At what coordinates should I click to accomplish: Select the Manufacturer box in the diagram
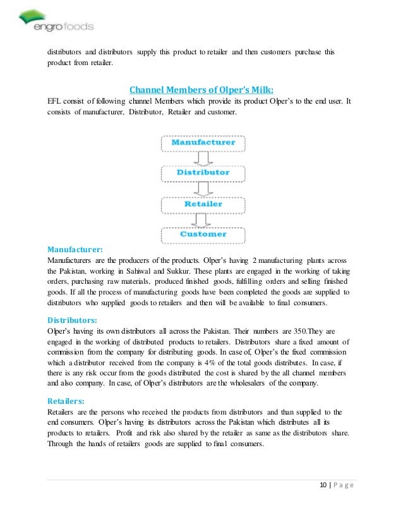point(202,142)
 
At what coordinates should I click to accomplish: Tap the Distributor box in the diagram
point(202,172)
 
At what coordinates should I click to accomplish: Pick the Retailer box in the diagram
point(202,204)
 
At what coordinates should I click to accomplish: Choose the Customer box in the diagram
point(202,234)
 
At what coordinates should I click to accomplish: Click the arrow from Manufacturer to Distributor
point(202,157)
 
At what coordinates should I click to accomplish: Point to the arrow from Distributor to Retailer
point(202,188)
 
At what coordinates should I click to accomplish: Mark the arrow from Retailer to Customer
point(202,219)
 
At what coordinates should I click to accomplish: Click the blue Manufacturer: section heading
point(75,249)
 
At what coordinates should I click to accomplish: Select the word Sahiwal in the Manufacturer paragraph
point(167,271)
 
